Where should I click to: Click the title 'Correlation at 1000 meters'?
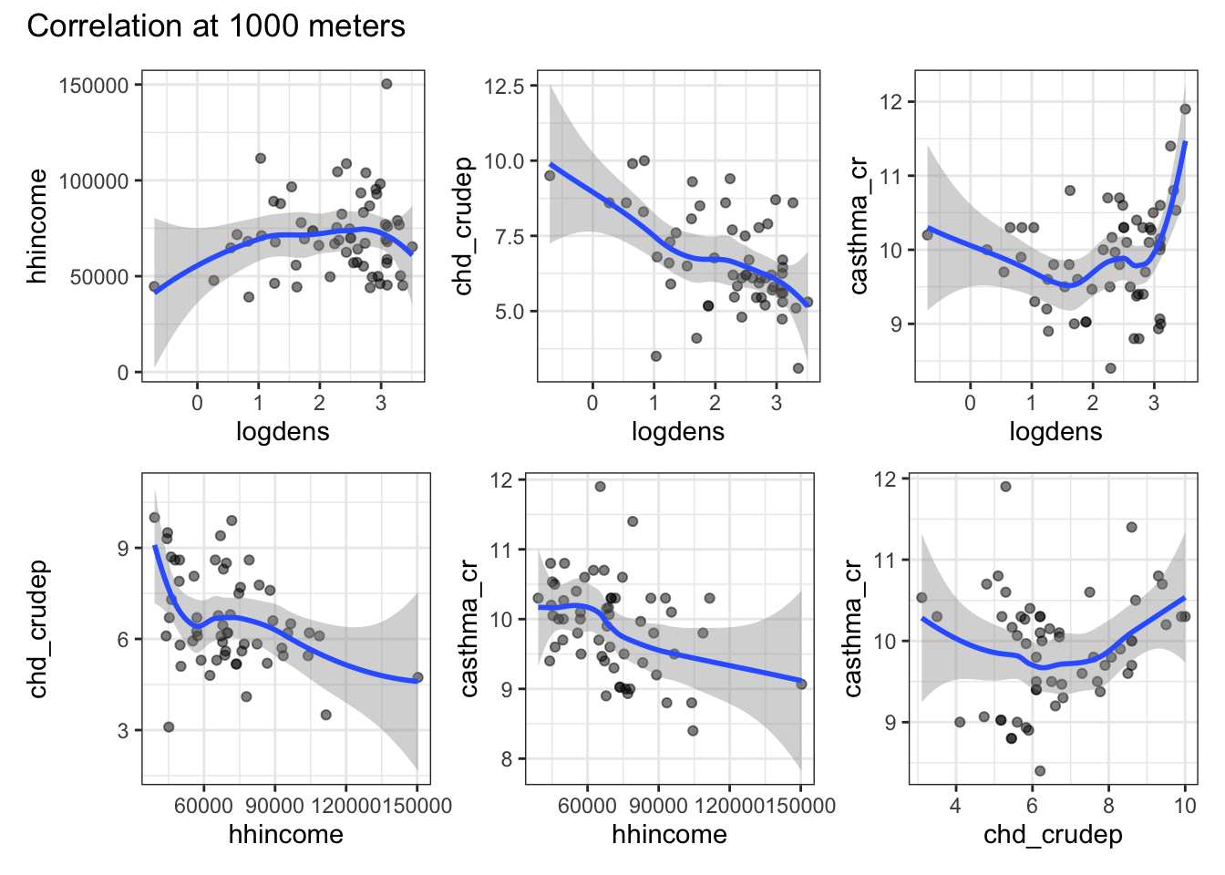coord(216,26)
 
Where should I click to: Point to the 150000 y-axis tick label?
coord(94,86)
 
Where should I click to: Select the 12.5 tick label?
coord(506,87)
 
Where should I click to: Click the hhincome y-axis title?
coord(37,226)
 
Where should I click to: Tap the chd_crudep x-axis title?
coord(1053,834)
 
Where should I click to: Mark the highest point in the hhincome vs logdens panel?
coord(386,84)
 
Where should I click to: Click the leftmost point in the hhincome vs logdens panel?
coord(154,286)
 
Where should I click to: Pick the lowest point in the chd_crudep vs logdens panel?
coord(798,368)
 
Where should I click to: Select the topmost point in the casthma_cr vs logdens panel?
coord(1186,109)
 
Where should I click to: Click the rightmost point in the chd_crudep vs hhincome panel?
coord(417,677)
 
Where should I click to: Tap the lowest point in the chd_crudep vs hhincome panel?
coord(169,726)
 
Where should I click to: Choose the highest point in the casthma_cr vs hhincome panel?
coord(601,487)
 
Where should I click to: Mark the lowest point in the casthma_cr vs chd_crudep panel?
coord(1040,771)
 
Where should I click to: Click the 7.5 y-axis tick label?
coord(506,237)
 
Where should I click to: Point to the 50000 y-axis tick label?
coord(99,277)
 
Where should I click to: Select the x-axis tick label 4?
coord(955,805)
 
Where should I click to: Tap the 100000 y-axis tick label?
coord(94,181)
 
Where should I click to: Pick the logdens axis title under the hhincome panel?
coord(283,431)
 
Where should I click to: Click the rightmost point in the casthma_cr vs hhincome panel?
coord(801,684)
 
